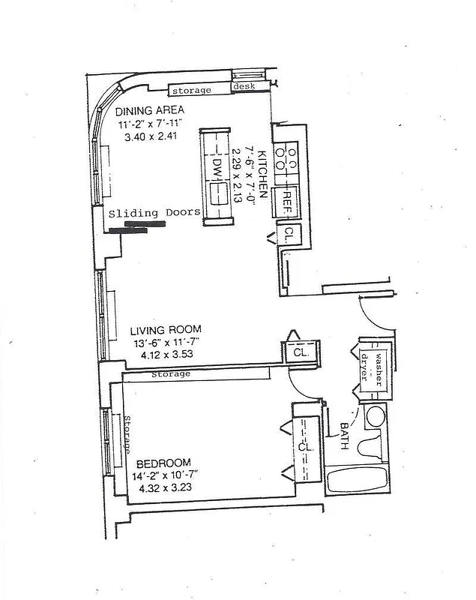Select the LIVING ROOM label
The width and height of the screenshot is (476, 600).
point(165,329)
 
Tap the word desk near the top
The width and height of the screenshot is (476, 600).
point(244,88)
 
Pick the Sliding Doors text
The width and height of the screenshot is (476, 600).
point(154,212)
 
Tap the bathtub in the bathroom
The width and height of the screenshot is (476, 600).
point(355,480)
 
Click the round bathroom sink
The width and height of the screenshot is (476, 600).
point(375,417)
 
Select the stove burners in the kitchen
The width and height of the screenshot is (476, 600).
point(286,158)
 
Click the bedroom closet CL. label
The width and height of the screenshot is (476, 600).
point(304,447)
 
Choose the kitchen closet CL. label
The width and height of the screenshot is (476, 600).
point(289,235)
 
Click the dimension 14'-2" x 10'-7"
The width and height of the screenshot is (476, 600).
point(166,475)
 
